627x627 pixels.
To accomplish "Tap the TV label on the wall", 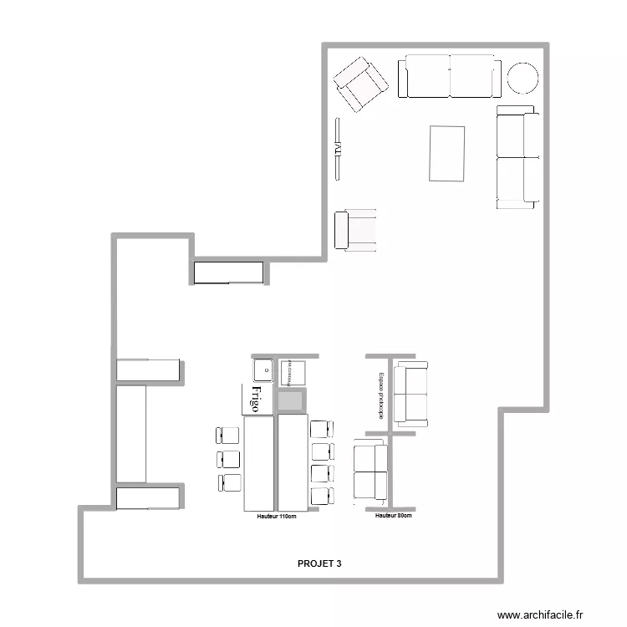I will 338,149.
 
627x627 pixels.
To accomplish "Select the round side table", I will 523,78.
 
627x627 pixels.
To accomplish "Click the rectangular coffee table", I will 447,153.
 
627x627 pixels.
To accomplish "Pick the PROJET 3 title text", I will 319,563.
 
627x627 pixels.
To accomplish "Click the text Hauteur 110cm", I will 277,517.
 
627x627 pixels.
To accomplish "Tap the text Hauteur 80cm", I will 393,516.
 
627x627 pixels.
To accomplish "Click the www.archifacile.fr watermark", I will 539,614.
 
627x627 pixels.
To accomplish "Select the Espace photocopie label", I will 381,395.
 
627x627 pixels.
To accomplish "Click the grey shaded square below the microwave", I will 291,400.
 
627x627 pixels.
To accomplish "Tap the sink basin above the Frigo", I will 263,368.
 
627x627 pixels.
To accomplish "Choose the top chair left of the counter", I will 228,436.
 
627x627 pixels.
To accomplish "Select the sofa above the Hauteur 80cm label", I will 370,472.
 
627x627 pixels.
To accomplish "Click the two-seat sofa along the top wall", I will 450,77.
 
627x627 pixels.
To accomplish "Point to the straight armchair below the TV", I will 355,231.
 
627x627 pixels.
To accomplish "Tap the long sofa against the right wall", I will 517,157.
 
